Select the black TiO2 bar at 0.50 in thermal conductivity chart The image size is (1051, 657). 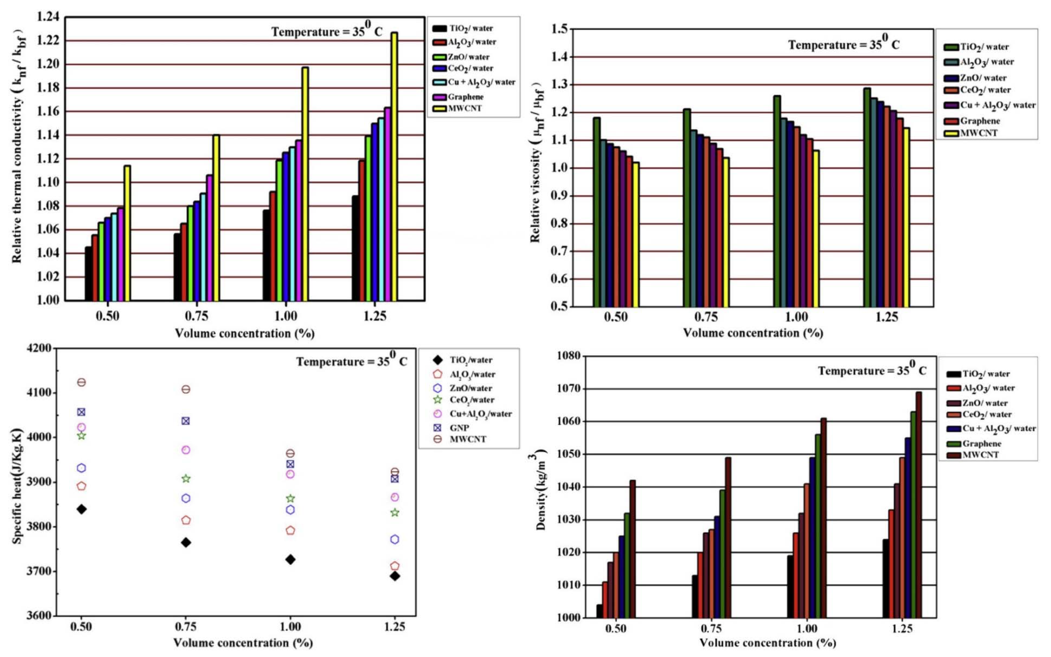tap(88, 274)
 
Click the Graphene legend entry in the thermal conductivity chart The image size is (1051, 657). tap(465, 97)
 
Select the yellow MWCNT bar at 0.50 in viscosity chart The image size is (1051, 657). tap(636, 235)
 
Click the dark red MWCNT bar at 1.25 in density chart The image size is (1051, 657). tap(918, 504)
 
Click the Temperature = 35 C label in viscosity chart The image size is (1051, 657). tap(843, 44)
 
